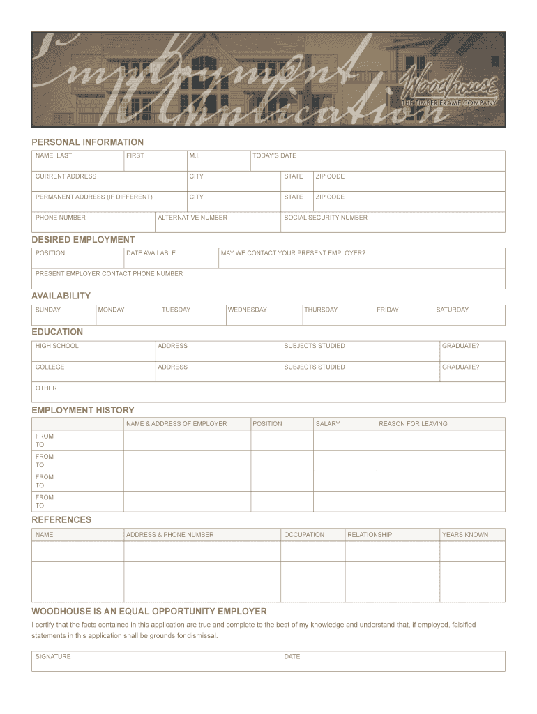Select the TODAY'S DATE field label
pos(274,155)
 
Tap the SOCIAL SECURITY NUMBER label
pos(325,218)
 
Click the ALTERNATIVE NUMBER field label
pos(192,218)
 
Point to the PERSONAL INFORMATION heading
pos(87,142)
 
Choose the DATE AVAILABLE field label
pos(151,253)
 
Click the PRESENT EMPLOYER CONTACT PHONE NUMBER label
pos(109,273)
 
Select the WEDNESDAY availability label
pos(247,310)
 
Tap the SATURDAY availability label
pos(452,310)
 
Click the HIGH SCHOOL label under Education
pos(57,346)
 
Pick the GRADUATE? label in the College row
pos(460,367)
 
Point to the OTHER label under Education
pos(46,388)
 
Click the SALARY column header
pos(328,423)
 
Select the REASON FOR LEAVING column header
pos(413,423)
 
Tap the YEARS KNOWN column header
pos(464,535)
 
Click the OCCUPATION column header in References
pos(304,535)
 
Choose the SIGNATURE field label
pos(53,656)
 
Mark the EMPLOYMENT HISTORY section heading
pos(82,410)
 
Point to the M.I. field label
pos(194,155)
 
